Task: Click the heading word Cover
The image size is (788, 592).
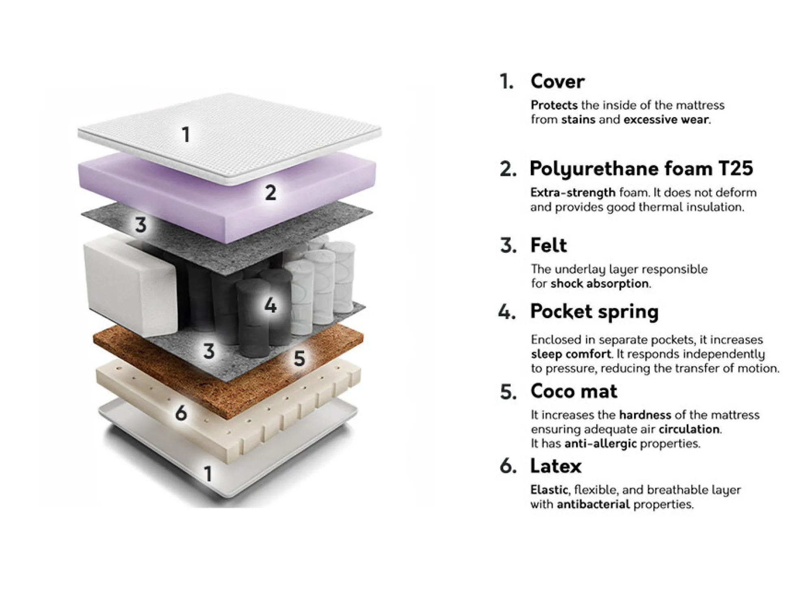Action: (557, 81)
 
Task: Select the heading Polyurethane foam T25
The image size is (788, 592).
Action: (641, 169)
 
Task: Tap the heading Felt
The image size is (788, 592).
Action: (548, 245)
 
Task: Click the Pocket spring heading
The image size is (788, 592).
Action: (594, 312)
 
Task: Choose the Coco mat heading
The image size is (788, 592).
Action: (574, 391)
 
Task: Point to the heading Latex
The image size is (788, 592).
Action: (556, 466)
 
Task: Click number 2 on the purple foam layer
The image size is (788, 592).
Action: (271, 192)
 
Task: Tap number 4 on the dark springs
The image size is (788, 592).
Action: (270, 305)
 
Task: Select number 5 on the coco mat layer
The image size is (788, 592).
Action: (299, 358)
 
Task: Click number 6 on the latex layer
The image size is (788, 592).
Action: (181, 413)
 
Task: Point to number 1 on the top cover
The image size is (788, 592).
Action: (186, 134)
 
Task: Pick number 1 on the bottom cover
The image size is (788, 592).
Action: (208, 474)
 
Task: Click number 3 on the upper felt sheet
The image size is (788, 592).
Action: (141, 225)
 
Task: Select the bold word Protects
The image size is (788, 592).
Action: (554, 105)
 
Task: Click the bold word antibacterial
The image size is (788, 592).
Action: (593, 504)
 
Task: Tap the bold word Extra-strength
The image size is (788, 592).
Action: (573, 192)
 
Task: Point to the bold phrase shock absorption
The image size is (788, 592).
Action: (600, 283)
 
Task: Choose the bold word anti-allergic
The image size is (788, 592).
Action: (600, 443)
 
